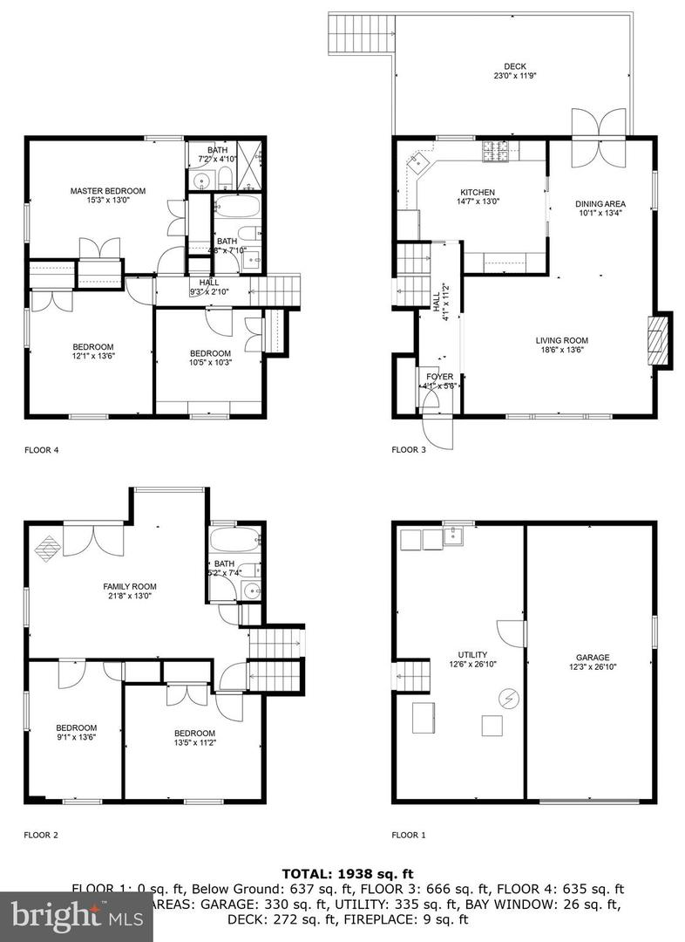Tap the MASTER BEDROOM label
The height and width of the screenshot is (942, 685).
(108, 191)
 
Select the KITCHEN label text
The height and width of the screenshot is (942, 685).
(478, 193)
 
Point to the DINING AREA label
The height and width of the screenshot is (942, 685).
(600, 204)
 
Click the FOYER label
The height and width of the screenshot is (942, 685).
(439, 377)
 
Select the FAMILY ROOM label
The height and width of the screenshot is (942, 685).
(130, 586)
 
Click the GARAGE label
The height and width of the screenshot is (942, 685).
(592, 658)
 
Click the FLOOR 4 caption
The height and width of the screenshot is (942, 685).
(42, 451)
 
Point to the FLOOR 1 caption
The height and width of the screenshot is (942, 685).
(409, 835)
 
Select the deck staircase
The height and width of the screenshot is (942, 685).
(342, 33)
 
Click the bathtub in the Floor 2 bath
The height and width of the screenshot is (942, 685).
(235, 539)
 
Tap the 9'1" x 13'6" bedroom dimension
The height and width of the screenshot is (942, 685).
(76, 737)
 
